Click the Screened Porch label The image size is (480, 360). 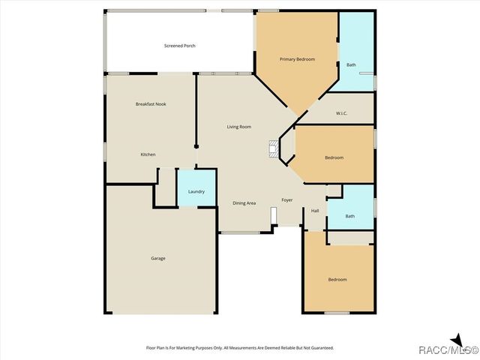pos(179,46)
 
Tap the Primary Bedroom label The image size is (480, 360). pos(297,59)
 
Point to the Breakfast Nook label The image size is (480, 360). pos(150,103)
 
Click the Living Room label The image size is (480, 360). pos(238,127)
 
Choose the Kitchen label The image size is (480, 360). pos(148,154)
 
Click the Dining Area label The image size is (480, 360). pos(244,203)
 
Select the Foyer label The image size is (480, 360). pos(286,200)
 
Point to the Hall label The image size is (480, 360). pos(315,210)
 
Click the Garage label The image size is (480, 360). pos(157,259)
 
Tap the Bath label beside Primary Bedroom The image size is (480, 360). pos(351,64)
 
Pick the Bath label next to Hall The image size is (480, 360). pos(349,216)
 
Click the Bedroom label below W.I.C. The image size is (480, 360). pos(334,157)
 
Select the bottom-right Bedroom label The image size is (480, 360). pos(337,280)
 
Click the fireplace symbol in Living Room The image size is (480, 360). pos(274,148)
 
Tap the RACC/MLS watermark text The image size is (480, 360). pos(448,349)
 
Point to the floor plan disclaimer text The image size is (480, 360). pos(239,348)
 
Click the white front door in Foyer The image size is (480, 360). pos(274,216)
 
